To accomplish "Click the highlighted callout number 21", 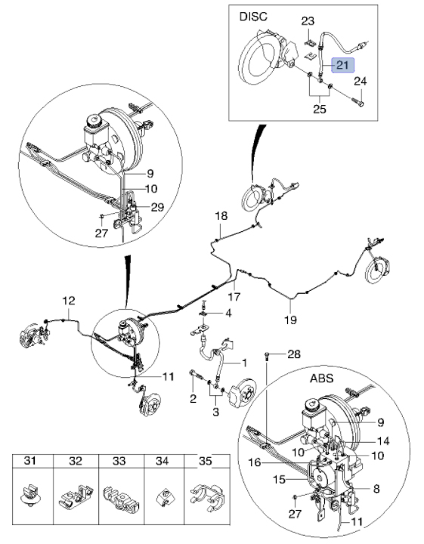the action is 342,65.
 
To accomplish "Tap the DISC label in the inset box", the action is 253,17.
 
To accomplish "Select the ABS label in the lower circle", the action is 321,378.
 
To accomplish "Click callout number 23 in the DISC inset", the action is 308,21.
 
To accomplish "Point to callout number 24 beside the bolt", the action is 361,82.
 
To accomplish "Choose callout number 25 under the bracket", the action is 320,109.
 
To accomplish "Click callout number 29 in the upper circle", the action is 157,207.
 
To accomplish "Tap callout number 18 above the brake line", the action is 221,216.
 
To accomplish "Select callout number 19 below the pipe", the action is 291,320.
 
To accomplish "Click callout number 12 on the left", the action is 69,301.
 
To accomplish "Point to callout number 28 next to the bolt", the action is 294,354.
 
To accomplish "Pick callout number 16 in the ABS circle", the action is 255,462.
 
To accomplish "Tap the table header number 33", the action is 119,461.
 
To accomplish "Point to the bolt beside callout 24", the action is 357,102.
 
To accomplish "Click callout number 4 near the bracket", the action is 228,314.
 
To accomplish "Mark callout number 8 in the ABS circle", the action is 376,489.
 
